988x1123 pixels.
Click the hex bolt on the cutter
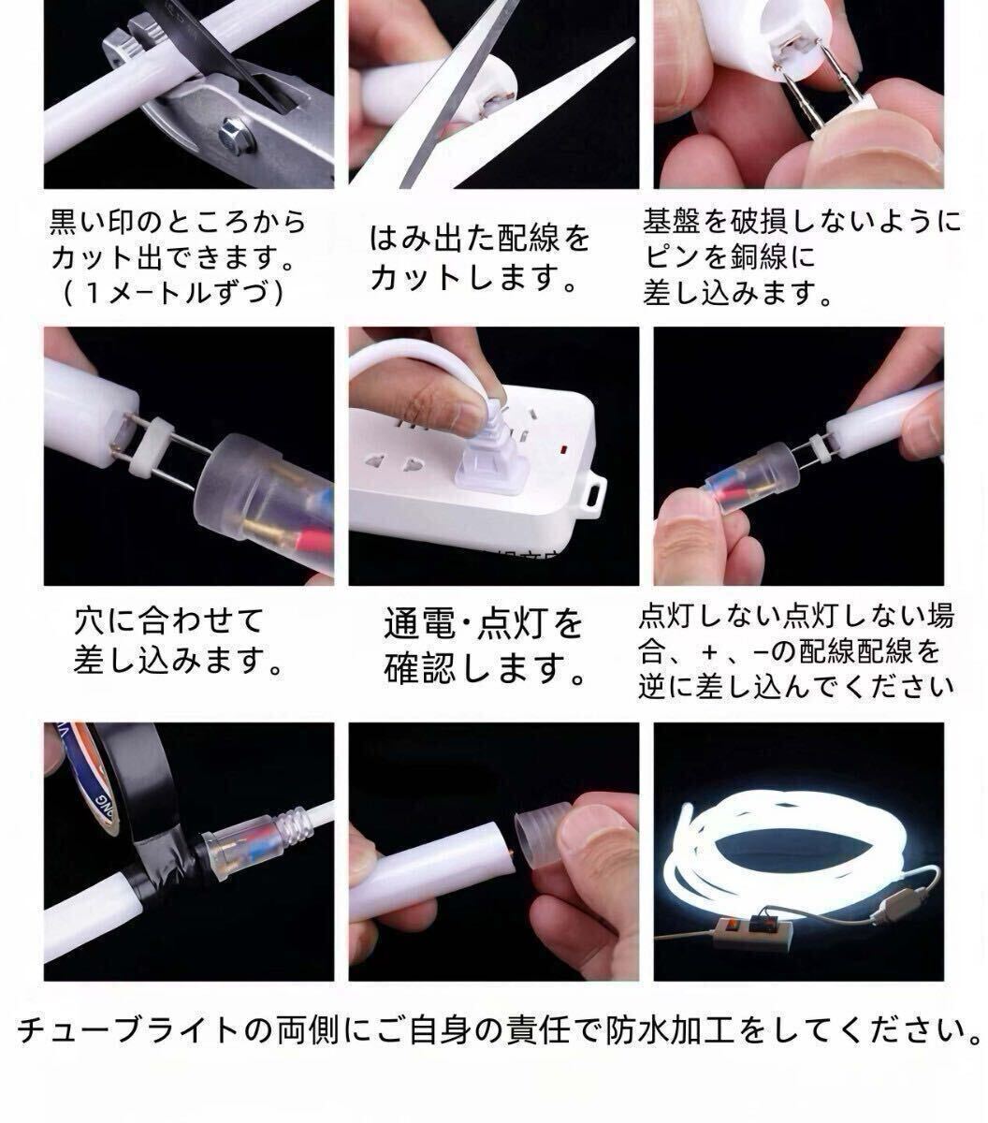click(x=237, y=139)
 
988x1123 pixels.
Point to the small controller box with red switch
click(x=752, y=929)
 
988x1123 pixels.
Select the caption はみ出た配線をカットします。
click(x=480, y=257)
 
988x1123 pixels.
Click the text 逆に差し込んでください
click(x=796, y=686)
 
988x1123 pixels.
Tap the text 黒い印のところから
click(x=178, y=223)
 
